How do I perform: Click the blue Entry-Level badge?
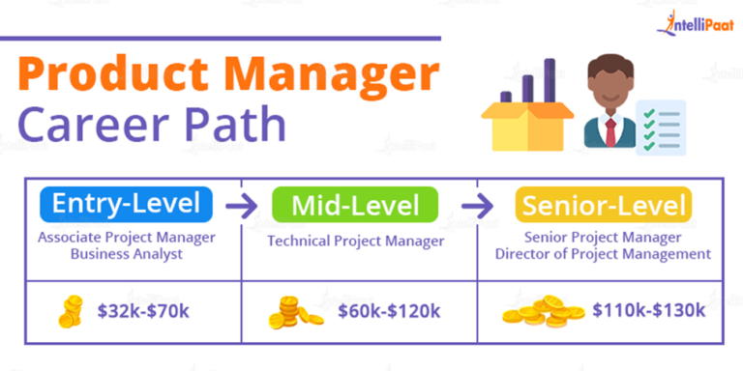(126, 205)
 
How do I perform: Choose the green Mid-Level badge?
(355, 205)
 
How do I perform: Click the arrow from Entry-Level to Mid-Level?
(241, 206)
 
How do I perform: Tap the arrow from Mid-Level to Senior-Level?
(474, 206)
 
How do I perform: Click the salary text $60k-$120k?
(389, 311)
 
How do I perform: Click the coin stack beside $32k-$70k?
(71, 311)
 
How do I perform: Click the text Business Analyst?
(125, 253)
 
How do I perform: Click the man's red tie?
(609, 131)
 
